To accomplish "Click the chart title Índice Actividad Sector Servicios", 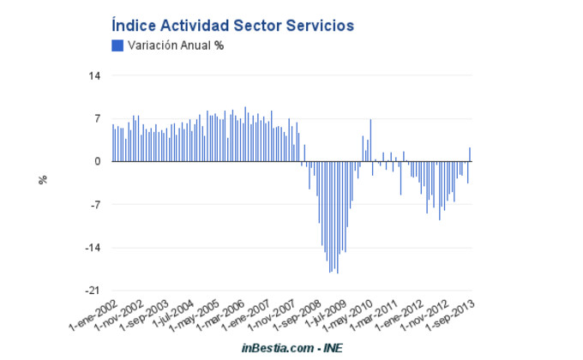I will point(232,27).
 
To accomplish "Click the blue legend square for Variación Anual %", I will point(117,45).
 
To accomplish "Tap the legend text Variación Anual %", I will point(176,45).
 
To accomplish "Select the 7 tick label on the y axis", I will point(97,118).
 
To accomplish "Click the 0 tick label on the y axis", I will point(98,161).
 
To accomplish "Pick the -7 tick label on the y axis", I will point(95,205).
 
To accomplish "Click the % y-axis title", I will point(43,180).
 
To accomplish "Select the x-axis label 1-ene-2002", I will point(93,316).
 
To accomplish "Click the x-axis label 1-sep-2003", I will point(145,316).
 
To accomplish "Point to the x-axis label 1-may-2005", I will point(196,316).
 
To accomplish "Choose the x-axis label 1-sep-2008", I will point(297,316).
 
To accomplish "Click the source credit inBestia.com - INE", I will point(291,349).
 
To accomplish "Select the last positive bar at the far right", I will point(470,154).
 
